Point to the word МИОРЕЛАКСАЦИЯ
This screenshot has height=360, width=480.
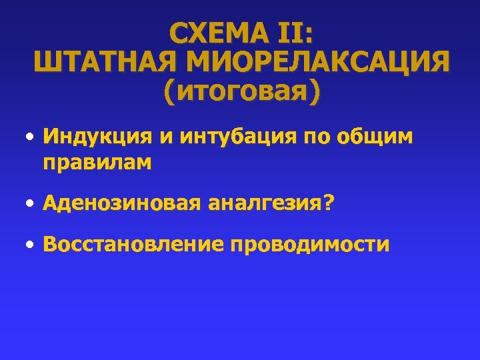coord(319,63)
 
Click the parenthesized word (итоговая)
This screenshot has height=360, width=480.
coord(241,91)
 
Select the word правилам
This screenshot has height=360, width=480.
coord(97,163)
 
